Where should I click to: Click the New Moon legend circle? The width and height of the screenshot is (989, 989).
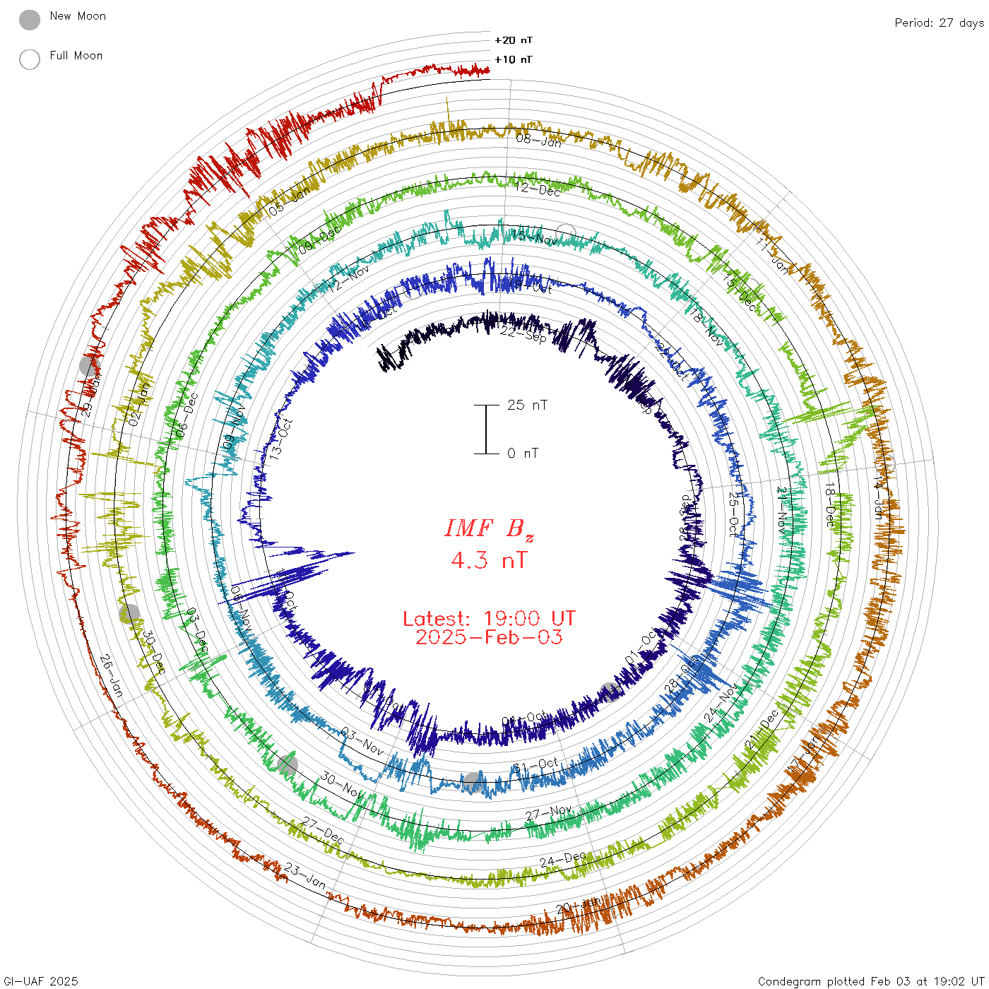coord(30,20)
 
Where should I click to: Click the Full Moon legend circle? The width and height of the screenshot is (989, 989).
coord(30,59)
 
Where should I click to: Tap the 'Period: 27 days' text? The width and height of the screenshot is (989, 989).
coord(939,23)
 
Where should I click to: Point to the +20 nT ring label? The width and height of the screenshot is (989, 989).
coord(514,40)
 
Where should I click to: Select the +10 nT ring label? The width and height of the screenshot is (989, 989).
coord(514,59)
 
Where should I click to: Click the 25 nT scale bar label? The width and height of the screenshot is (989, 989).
coord(527,405)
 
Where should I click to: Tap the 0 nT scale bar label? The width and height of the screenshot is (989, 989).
coord(523,454)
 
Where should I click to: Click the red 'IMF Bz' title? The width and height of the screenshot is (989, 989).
coord(489,528)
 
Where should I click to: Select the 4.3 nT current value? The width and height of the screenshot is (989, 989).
coord(489,561)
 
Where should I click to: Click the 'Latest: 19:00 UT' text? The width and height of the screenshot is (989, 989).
coord(489,619)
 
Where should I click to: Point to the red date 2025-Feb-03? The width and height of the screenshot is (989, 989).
coord(489,637)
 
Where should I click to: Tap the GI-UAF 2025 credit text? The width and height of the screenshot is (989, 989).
coord(41,981)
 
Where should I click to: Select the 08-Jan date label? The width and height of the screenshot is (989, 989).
coord(539,141)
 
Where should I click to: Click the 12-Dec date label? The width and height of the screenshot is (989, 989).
coord(538,189)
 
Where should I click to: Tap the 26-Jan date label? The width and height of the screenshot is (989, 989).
coord(112,675)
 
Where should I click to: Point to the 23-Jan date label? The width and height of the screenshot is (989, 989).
coord(306,877)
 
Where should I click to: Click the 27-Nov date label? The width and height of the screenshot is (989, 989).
coord(549,814)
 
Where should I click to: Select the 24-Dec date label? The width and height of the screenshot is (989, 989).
coord(563,860)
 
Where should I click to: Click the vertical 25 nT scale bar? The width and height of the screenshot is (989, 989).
coord(486,430)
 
